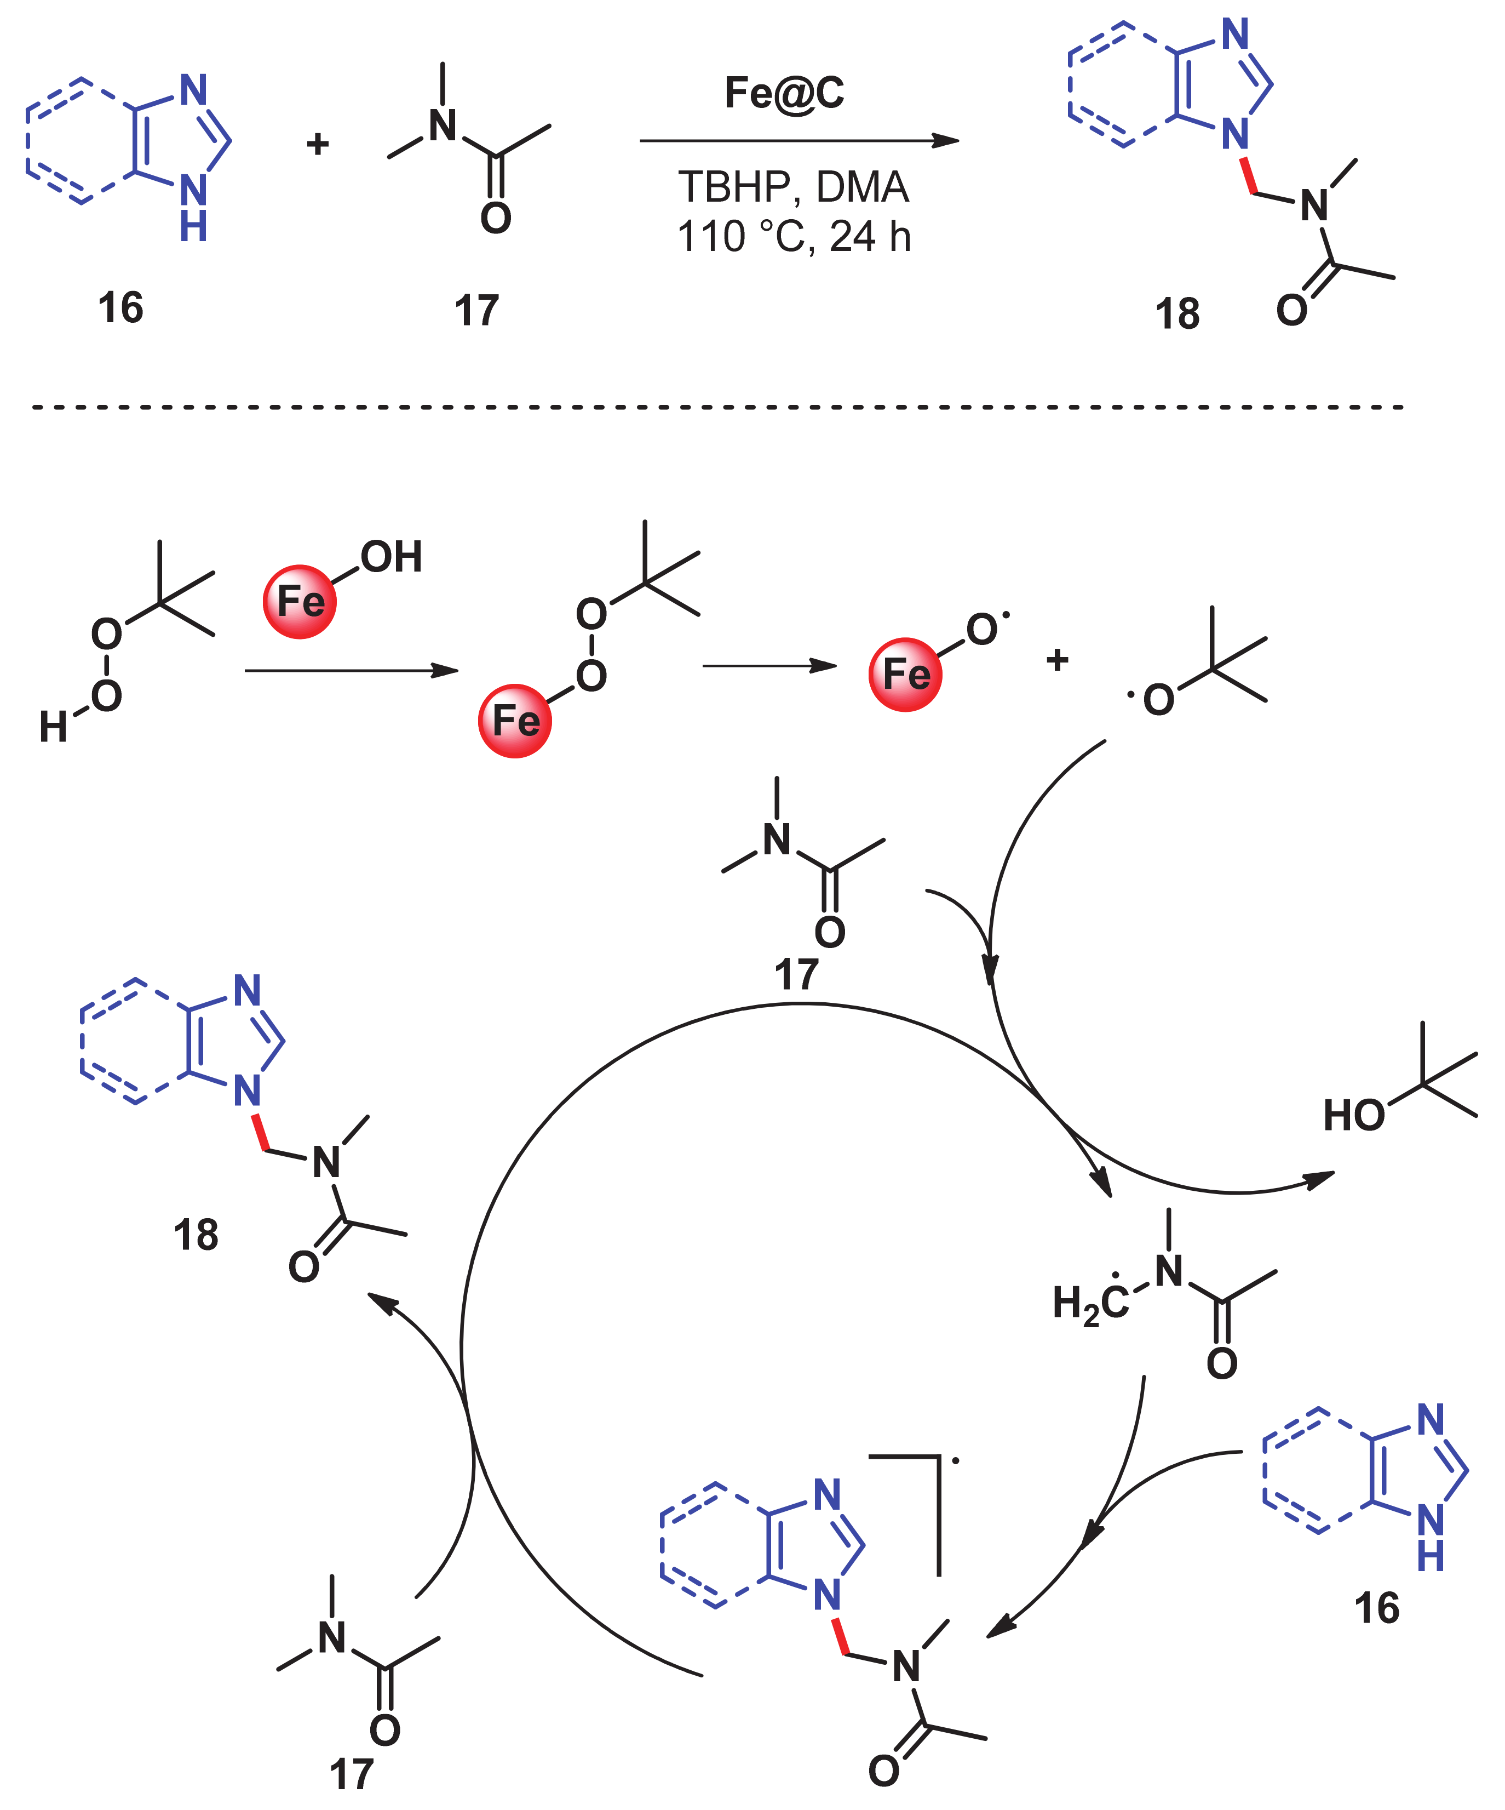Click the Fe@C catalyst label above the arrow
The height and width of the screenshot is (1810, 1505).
(x=783, y=93)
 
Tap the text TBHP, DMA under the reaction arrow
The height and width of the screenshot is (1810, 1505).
(x=792, y=187)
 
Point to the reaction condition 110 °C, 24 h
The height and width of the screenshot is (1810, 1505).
(x=792, y=236)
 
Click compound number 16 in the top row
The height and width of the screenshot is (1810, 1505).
(x=120, y=308)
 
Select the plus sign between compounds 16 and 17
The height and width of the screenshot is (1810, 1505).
(x=318, y=144)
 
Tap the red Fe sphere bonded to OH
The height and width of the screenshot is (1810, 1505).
(x=299, y=602)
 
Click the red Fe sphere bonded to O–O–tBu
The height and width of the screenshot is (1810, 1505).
(x=514, y=721)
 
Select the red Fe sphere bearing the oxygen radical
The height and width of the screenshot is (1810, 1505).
(x=905, y=674)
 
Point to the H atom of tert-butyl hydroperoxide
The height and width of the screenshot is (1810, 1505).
(x=53, y=727)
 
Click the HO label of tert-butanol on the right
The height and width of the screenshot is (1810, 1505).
(x=1353, y=1116)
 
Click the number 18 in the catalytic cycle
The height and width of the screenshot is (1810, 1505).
(x=196, y=1235)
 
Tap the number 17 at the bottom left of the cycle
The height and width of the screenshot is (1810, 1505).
(x=352, y=1775)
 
